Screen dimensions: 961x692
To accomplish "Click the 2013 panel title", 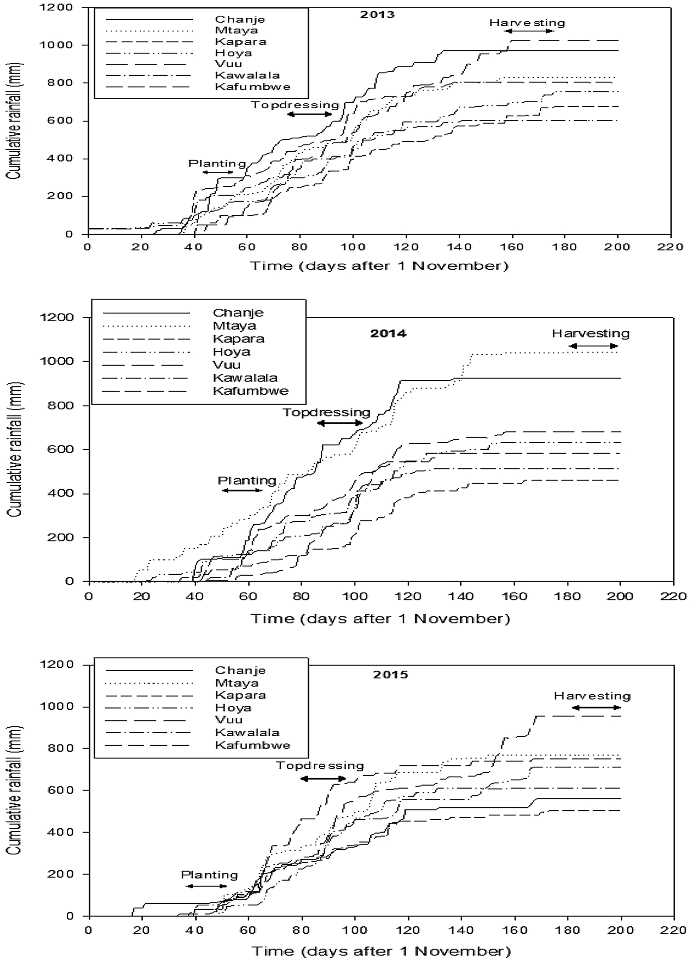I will (x=377, y=14).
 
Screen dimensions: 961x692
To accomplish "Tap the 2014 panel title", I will (x=388, y=334).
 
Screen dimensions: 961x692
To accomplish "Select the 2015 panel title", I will (x=390, y=674).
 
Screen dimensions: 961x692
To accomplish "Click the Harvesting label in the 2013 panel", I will (x=527, y=23).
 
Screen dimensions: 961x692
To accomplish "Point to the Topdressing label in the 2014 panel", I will (x=326, y=412).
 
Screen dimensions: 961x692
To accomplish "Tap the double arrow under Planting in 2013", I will (x=218, y=172).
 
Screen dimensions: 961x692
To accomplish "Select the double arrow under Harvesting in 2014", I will (x=593, y=346).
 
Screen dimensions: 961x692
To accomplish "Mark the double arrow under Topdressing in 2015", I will (x=323, y=779).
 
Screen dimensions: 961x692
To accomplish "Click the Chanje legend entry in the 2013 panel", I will (x=240, y=19).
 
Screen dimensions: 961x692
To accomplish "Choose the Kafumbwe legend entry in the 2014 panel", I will (x=251, y=391).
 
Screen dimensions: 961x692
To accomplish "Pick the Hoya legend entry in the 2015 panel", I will (x=233, y=708).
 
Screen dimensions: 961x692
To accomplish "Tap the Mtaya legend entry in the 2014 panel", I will (x=234, y=326).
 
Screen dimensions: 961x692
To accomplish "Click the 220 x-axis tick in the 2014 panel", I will (x=674, y=596).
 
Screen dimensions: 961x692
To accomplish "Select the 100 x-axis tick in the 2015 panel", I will (x=355, y=930).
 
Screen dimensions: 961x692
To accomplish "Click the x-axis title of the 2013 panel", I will (x=379, y=266).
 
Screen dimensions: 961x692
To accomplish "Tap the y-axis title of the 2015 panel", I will (x=15, y=790).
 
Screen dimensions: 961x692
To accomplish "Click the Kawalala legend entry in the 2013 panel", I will (x=247, y=75).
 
